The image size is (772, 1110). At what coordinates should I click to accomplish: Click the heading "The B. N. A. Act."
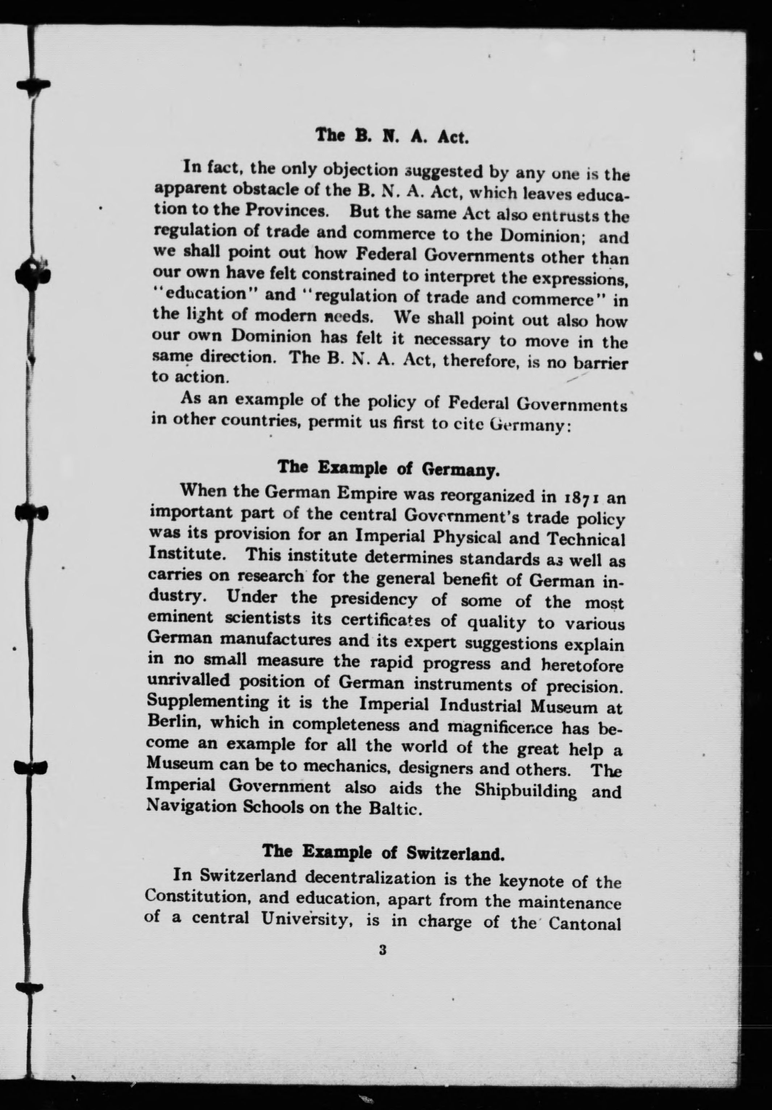(x=391, y=136)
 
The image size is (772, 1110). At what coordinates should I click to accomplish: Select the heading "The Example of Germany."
(x=388, y=468)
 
